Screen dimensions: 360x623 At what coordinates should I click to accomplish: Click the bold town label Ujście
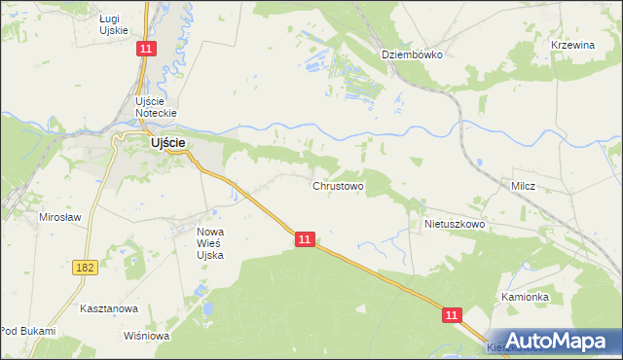point(167,143)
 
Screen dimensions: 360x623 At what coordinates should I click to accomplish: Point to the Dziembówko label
point(412,54)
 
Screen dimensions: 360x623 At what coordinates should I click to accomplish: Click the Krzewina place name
point(572,46)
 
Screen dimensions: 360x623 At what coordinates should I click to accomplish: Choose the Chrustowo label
point(338,185)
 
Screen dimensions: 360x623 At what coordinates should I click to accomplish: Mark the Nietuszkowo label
point(455,224)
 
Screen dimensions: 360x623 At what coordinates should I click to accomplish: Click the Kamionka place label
point(526,297)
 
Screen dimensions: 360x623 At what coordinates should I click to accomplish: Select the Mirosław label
point(59,217)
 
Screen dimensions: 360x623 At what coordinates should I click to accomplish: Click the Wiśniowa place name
point(147,336)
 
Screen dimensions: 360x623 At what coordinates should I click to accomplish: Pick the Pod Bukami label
point(28,331)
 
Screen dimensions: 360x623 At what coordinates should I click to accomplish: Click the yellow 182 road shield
point(84,265)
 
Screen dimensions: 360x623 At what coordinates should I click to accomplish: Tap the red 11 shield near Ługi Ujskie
point(146,50)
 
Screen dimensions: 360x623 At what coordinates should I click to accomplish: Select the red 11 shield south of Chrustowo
point(306,238)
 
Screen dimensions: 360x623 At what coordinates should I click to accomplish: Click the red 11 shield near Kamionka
point(452,315)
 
